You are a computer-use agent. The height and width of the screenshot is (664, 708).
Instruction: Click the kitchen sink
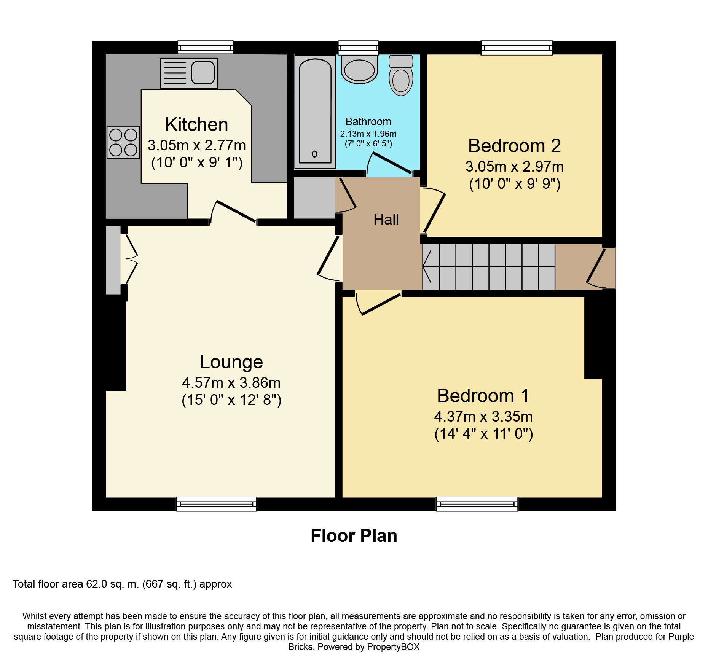pos(189,73)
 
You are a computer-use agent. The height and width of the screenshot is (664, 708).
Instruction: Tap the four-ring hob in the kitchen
pos(123,142)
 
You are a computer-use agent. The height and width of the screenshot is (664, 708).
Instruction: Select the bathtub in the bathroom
pos(315,112)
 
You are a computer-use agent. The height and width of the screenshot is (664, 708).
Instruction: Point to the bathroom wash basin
pos(359,70)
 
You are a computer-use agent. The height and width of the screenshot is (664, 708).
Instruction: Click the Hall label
pos(386,220)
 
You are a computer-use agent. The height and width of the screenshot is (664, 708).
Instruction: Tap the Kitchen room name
pos(196,124)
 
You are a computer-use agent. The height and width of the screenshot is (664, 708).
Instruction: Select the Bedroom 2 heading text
pos(514,146)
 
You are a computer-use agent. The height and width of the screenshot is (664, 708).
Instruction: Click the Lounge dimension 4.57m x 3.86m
pos(231,382)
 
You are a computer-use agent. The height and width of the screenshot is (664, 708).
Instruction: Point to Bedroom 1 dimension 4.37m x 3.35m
pos(483,417)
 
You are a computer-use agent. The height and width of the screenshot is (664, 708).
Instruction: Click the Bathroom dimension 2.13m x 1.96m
pos(368,134)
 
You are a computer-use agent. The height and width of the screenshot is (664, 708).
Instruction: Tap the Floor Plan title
pos(354,536)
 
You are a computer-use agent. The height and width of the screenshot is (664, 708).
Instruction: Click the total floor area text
pos(122,584)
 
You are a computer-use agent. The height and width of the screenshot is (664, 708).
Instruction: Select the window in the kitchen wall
pos(206,48)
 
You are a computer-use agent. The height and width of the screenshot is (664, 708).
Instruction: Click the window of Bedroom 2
pos(517,48)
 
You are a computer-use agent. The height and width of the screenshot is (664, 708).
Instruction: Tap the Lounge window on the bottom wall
pos(216,504)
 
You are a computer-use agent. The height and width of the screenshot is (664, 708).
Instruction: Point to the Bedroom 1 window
pos(477,504)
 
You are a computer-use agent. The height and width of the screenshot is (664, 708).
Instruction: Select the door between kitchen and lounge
pos(233,212)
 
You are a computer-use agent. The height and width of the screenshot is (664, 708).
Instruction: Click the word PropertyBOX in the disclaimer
pos(393,647)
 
